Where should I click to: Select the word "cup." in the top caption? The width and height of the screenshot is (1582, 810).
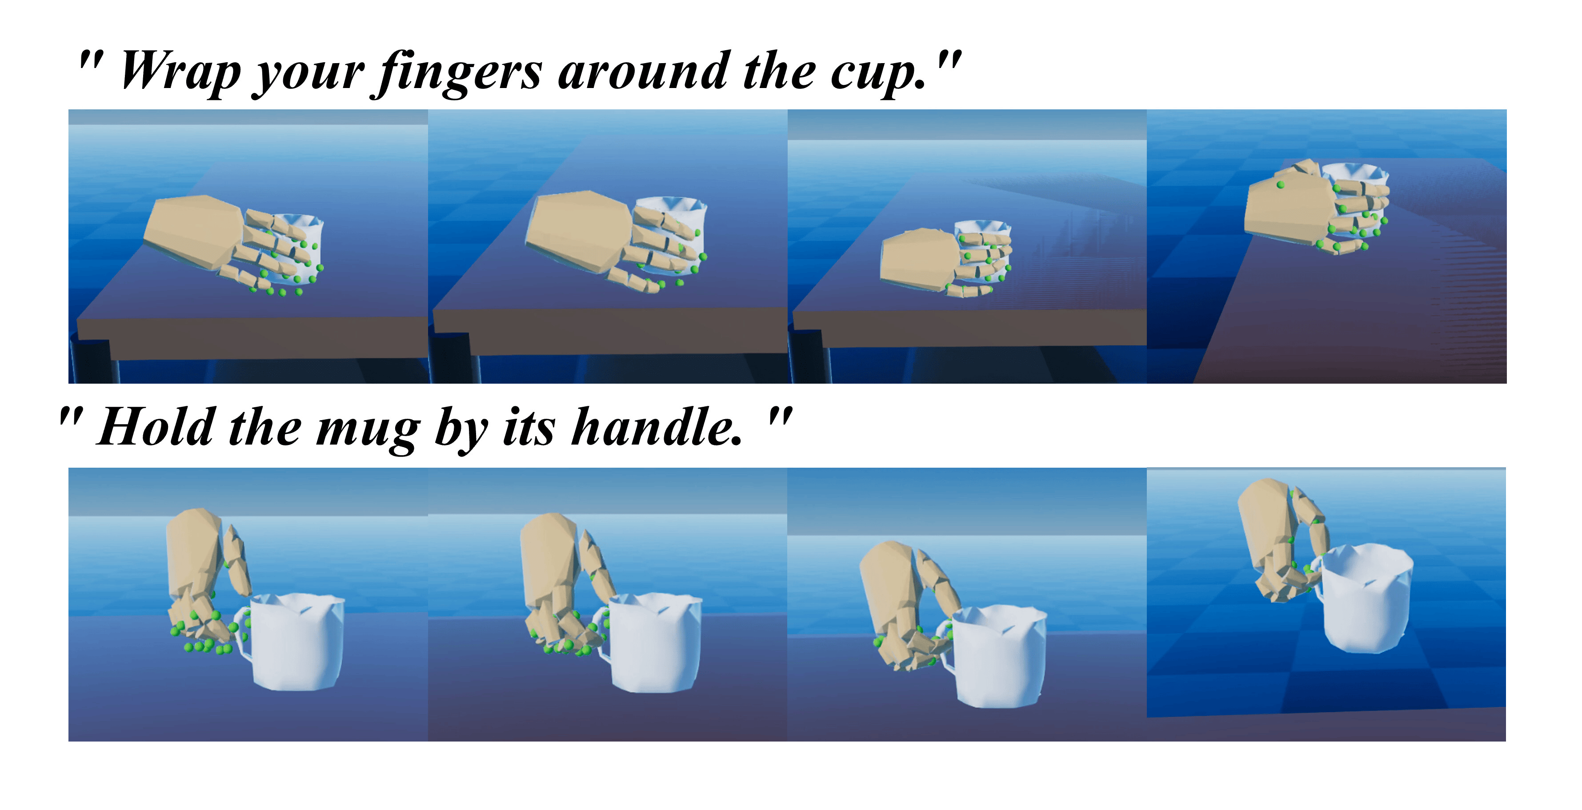click(878, 74)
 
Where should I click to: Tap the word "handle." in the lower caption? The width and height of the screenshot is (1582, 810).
click(657, 428)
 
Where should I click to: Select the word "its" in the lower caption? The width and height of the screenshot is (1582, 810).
click(529, 428)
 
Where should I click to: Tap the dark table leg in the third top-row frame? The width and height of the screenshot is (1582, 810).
click(811, 359)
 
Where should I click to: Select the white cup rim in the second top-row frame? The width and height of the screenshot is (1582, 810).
click(671, 203)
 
